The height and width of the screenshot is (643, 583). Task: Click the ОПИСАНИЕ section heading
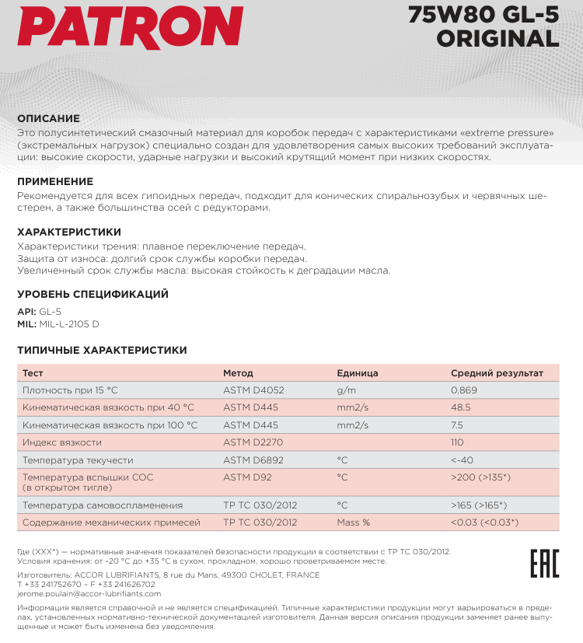point(48,119)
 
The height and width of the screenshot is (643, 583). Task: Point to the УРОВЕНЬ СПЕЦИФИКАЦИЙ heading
point(93,295)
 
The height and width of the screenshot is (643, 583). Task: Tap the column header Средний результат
point(497,373)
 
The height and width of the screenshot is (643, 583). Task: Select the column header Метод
point(238,373)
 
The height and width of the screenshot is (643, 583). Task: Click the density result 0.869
point(464,390)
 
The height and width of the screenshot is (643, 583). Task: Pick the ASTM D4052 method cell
point(254,390)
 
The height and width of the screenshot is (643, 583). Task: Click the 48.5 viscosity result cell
point(461,407)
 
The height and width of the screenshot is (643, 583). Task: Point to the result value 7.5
point(457,425)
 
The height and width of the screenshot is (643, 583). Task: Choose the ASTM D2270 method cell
point(253,442)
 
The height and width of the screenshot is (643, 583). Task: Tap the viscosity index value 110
point(457,442)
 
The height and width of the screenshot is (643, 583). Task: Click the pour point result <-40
point(462,460)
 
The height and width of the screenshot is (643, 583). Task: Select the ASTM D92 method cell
point(246,477)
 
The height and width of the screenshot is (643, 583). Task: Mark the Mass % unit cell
point(353,522)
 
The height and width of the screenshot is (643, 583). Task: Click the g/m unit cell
point(346,390)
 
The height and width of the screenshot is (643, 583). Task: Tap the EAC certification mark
point(544,562)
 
